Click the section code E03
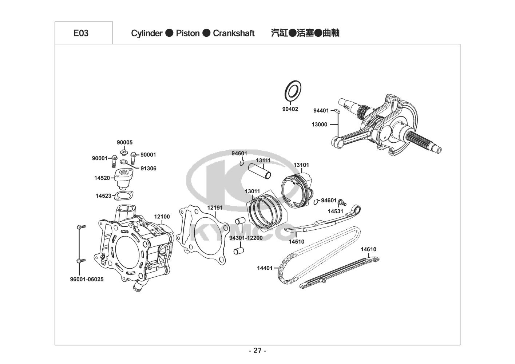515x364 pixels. (x=81, y=33)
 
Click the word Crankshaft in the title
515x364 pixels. (x=234, y=33)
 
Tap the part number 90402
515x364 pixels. (x=290, y=109)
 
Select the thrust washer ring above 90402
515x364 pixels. (x=293, y=91)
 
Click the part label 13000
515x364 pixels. (x=319, y=124)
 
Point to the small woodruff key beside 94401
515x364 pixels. (x=337, y=111)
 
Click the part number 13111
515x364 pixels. (x=264, y=161)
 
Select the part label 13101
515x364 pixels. (x=301, y=165)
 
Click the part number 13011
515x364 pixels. (x=252, y=191)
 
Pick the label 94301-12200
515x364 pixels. (x=246, y=238)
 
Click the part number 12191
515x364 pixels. (x=215, y=207)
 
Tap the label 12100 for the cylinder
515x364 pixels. (x=162, y=217)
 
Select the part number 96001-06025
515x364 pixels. (x=87, y=279)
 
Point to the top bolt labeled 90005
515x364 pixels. (x=124, y=152)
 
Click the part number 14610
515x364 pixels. (x=369, y=249)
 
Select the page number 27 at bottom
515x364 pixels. (x=258, y=351)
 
